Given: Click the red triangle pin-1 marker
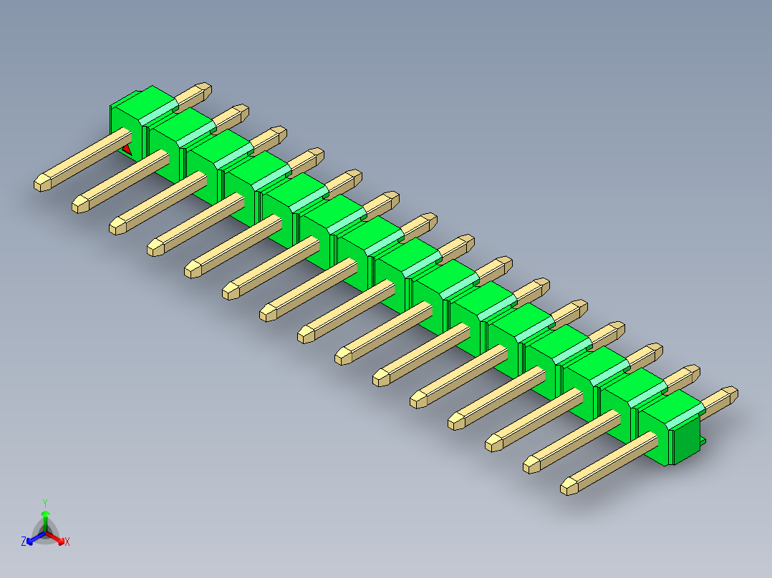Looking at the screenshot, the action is [x=127, y=150].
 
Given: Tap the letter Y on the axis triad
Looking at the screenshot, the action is [x=45, y=503].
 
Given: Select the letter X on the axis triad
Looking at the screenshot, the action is [x=67, y=542].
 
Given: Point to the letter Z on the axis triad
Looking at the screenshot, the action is [x=24, y=541].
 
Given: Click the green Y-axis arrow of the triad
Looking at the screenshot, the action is [x=45, y=521].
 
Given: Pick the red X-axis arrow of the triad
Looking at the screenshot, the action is [x=55, y=538].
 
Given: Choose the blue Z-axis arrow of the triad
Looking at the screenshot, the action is [x=36, y=538].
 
